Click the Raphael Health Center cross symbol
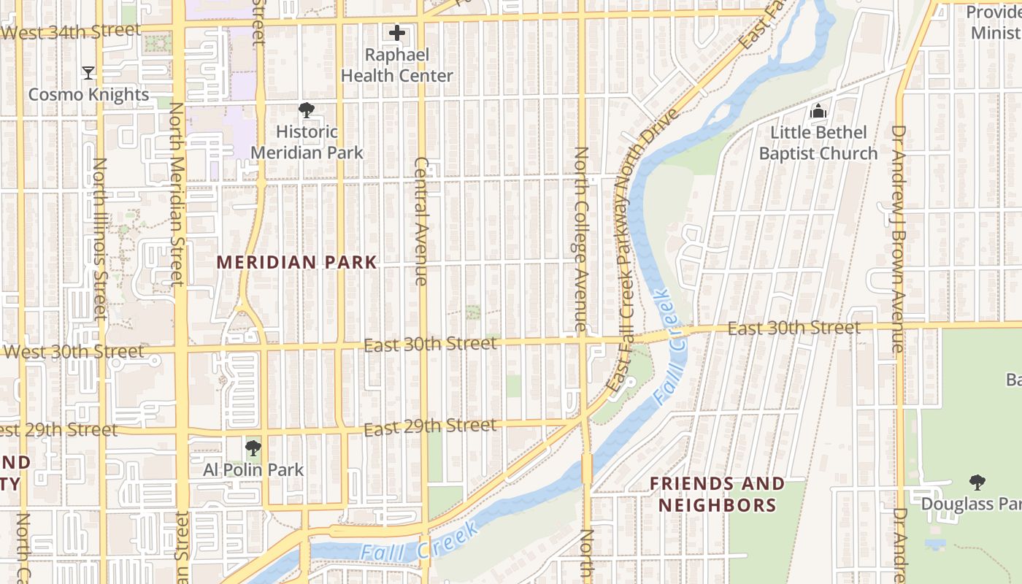[x=397, y=33]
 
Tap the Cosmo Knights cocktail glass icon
[x=88, y=73]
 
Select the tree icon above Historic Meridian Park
[x=307, y=111]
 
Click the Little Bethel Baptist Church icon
[x=818, y=112]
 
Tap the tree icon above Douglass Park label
[x=977, y=483]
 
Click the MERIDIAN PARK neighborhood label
[x=297, y=262]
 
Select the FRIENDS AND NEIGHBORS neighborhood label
[x=718, y=494]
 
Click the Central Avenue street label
[x=421, y=220]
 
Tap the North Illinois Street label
[x=101, y=238]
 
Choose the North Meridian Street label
[x=176, y=193]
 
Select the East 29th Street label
[x=430, y=426]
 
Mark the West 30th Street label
[x=73, y=352]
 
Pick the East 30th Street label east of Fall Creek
[x=794, y=328]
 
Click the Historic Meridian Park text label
[x=307, y=142]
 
